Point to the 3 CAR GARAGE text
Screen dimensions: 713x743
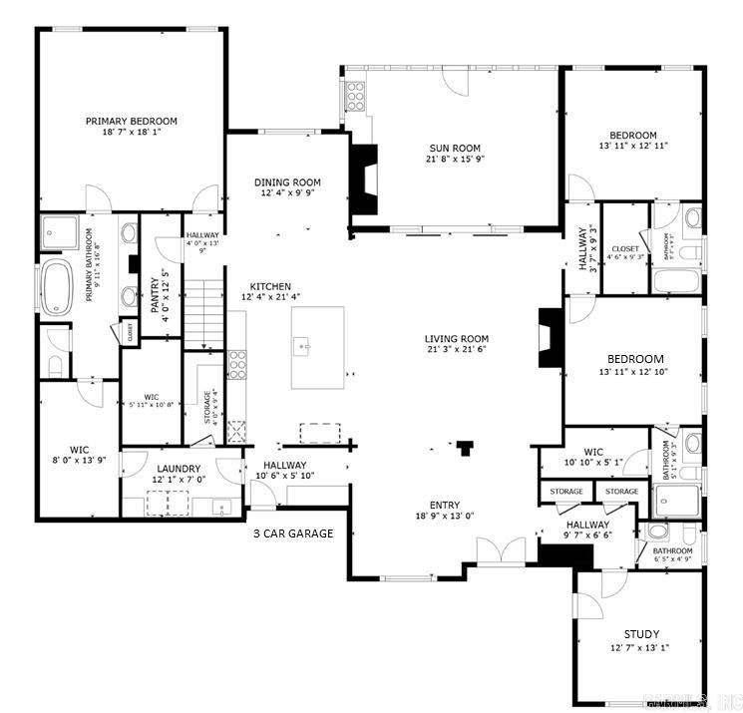292,533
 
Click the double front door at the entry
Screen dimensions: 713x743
501,549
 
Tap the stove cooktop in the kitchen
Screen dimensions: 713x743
238,362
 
